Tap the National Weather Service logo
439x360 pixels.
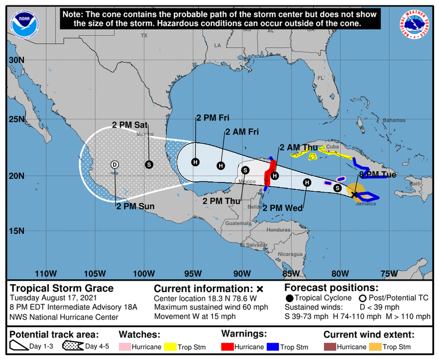[x=415, y=24]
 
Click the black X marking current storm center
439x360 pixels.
[x=355, y=195]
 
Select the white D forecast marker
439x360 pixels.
[x=114, y=164]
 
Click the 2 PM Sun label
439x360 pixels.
[x=135, y=206]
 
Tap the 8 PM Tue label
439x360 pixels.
[x=377, y=175]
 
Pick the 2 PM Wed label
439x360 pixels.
[x=283, y=208]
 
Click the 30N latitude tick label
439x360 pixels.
[x=16, y=60]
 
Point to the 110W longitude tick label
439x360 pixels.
[x=45, y=274]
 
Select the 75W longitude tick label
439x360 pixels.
[x=389, y=274]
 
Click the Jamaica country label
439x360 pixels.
[x=365, y=204]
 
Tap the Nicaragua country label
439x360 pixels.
[x=291, y=254]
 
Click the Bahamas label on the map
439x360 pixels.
[x=394, y=121]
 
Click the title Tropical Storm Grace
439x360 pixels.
[x=62, y=288]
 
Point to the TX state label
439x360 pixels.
[x=144, y=35]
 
